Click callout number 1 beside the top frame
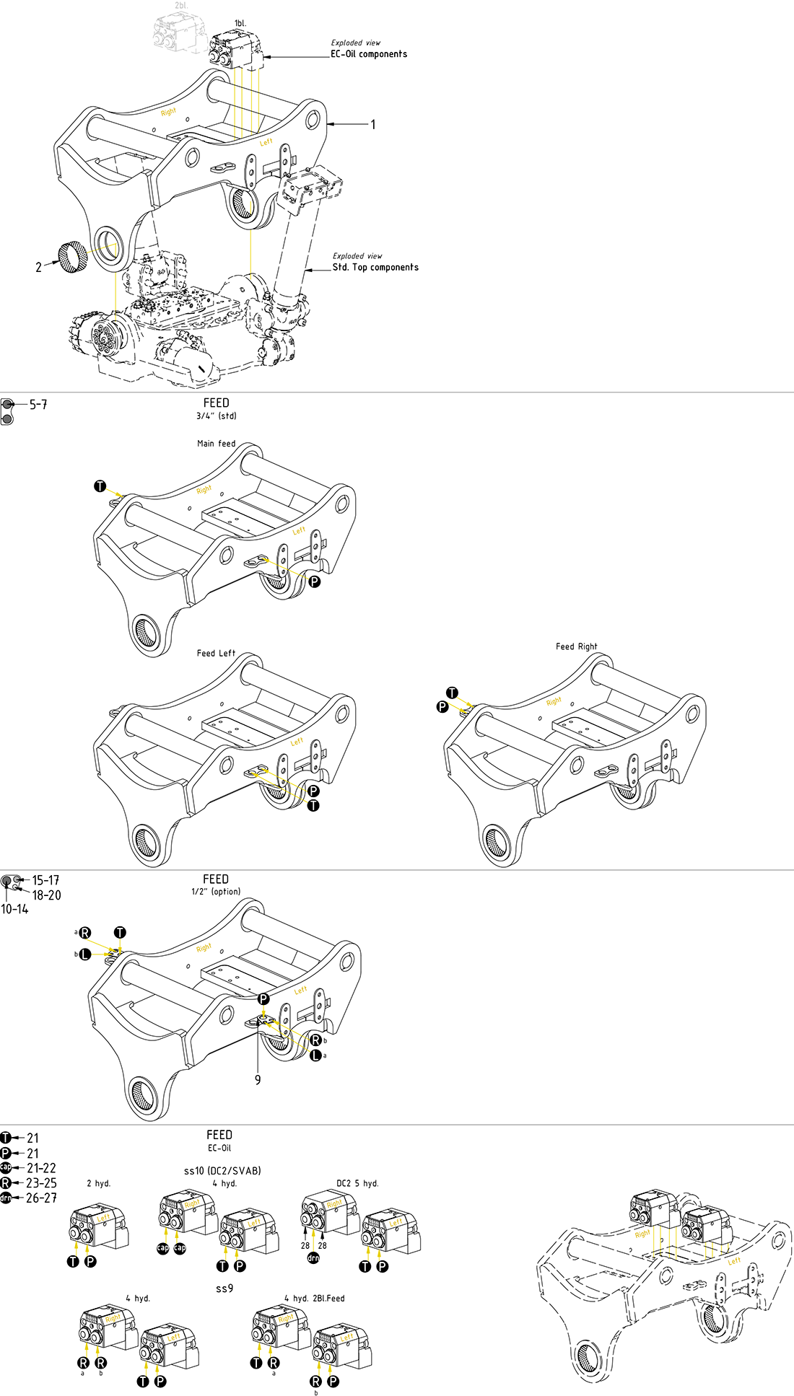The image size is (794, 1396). click(x=373, y=125)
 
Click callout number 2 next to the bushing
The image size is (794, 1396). click(x=39, y=268)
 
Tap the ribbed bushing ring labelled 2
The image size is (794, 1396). click(x=72, y=258)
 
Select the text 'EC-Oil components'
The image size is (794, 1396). click(x=369, y=54)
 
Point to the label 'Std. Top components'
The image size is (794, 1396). click(x=375, y=268)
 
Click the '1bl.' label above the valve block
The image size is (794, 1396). click(x=240, y=24)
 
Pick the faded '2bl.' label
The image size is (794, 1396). click(x=180, y=6)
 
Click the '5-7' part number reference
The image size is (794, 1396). click(x=38, y=405)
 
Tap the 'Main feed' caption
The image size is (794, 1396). click(x=217, y=444)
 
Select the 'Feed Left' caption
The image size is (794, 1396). click(x=217, y=653)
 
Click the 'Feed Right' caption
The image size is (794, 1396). click(x=577, y=646)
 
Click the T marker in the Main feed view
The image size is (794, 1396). click(x=100, y=486)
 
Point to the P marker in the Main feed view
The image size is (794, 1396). click(x=315, y=581)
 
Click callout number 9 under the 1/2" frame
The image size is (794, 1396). click(x=258, y=1080)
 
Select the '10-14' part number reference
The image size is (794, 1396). click(x=14, y=910)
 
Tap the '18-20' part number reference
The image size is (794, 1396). click(x=46, y=895)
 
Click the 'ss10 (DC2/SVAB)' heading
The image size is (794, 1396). click(x=222, y=1170)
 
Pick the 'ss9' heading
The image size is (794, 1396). click(x=224, y=1288)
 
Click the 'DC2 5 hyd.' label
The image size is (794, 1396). click(x=357, y=1183)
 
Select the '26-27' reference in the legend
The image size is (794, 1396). click(x=41, y=1198)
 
